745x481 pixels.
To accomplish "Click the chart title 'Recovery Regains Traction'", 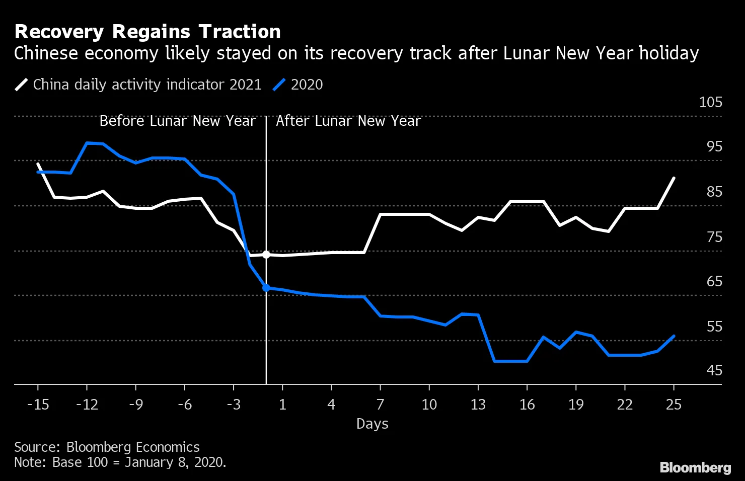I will pos(147,32).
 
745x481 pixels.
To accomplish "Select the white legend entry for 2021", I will pos(138,85).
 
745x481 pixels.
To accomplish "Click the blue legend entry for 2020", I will pos(298,85).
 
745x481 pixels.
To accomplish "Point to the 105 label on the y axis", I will pos(710,102).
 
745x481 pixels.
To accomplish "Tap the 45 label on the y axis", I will pos(714,370).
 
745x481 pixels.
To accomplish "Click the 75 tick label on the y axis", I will pos(714,237).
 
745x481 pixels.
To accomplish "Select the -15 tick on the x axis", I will pos(38,405).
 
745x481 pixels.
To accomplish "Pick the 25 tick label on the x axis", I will pos(674,405).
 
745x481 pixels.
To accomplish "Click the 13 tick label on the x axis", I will pos(478,405).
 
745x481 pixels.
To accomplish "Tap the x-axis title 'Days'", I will pos(372,424).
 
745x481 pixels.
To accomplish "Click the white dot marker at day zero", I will pos(266,255).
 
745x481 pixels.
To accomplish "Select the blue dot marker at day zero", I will pos(266,288).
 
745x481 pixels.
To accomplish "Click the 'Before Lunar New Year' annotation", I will pos(177,121).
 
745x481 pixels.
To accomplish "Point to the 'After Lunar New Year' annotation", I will pos(348,121).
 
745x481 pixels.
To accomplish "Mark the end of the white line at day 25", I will pos(674,178).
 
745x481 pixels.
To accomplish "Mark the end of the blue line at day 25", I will pos(674,336).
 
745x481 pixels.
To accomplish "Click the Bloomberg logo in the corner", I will pos(695,467).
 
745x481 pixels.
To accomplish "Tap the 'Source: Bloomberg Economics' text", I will pos(107,447).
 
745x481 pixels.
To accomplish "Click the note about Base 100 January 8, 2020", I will pos(120,462).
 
